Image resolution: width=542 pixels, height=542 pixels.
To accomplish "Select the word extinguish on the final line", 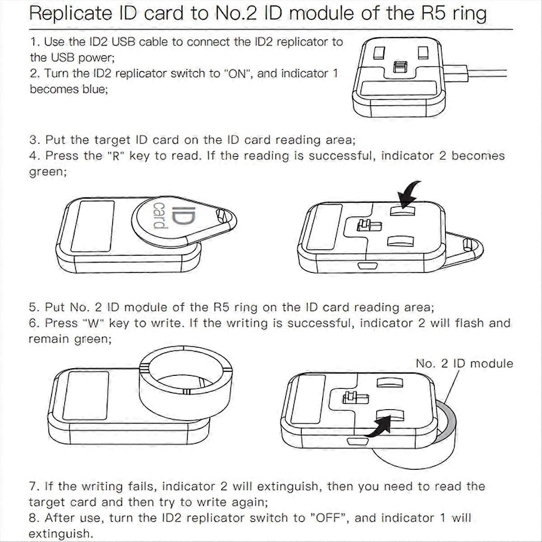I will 60,534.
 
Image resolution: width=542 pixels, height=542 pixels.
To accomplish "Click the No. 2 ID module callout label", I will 464,364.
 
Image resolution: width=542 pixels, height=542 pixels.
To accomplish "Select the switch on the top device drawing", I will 399,67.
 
